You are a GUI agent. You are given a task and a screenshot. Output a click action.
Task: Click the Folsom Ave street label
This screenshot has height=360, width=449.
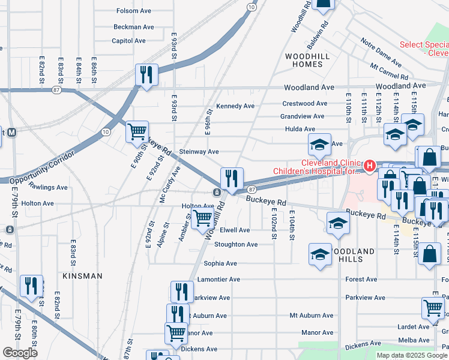[x=136, y=11]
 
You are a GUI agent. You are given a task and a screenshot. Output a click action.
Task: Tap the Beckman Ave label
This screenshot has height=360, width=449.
[x=135, y=27]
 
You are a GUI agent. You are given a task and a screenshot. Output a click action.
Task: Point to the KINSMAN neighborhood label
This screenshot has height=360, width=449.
[x=82, y=276]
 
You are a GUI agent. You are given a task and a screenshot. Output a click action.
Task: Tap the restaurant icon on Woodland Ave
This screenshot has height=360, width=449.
[x=146, y=75]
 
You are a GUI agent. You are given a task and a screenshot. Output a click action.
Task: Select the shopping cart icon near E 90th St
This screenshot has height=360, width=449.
[x=137, y=131]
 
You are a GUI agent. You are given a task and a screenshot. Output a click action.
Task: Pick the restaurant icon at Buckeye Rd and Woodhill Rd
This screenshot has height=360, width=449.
[x=231, y=178]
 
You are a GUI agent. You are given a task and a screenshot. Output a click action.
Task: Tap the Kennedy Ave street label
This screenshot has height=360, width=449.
[x=235, y=106]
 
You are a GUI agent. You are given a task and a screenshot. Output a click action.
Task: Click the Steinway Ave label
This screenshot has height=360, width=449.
[x=199, y=152]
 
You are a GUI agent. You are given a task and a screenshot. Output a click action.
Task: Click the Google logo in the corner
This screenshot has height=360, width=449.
[x=20, y=353]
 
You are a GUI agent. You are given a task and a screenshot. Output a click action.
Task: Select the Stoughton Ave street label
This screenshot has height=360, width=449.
[x=236, y=245]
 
